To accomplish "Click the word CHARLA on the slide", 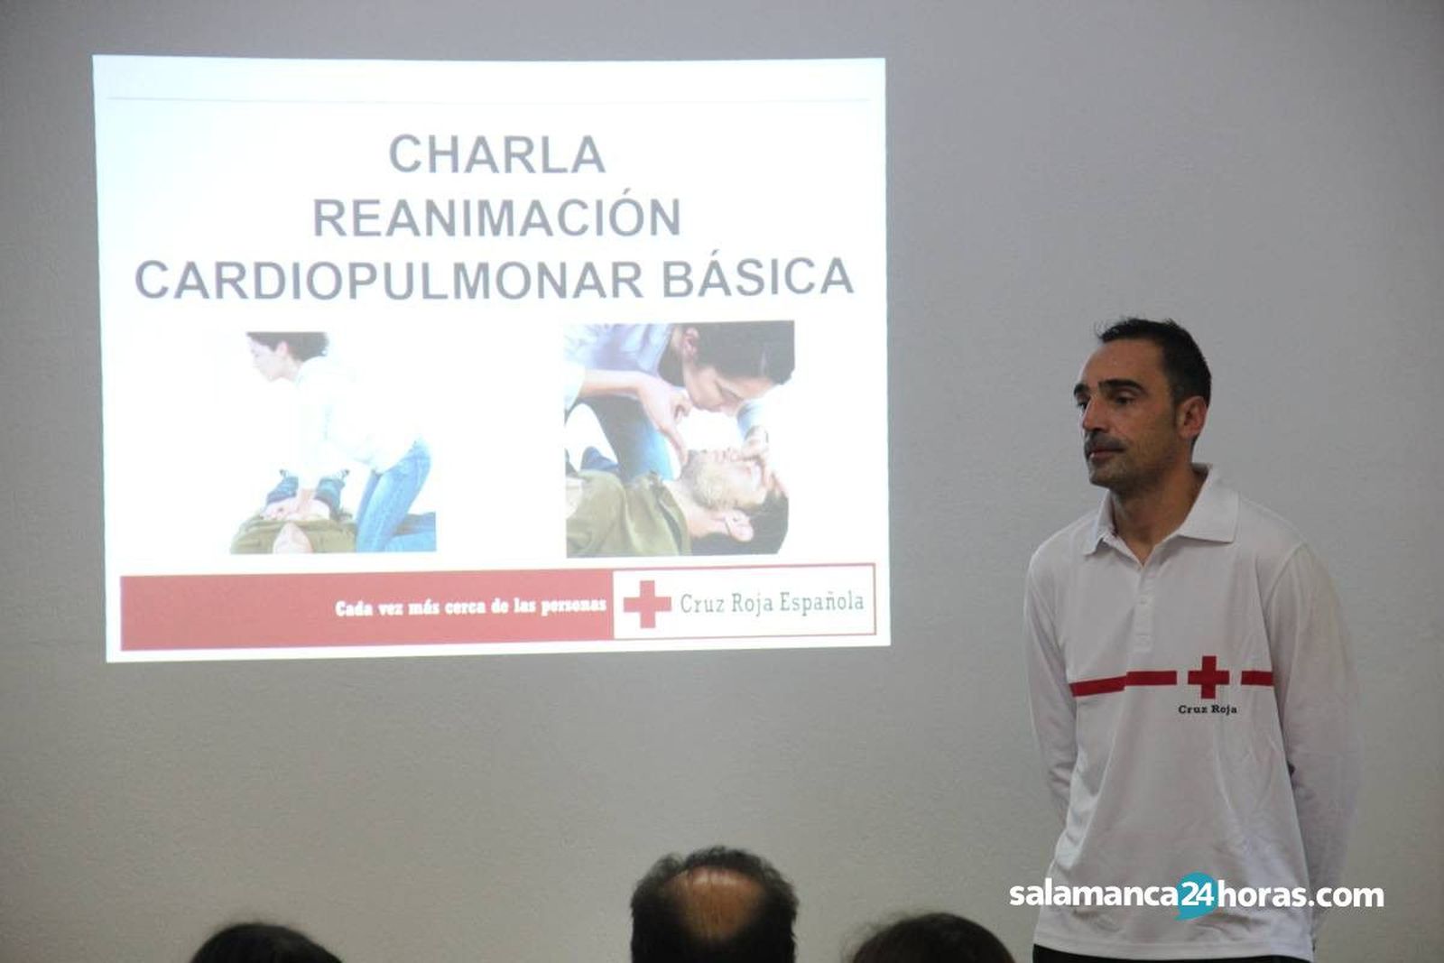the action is (496, 154).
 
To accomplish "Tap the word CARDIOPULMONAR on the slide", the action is (389, 279).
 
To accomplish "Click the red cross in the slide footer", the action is (646, 604).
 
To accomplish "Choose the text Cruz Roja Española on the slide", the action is (772, 603).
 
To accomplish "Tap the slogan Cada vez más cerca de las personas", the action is (470, 607).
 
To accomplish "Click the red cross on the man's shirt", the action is (1208, 677).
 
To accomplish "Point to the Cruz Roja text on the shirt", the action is (1207, 709).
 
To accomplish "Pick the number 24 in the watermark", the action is (1197, 895).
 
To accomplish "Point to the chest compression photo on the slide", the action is (333, 442).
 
